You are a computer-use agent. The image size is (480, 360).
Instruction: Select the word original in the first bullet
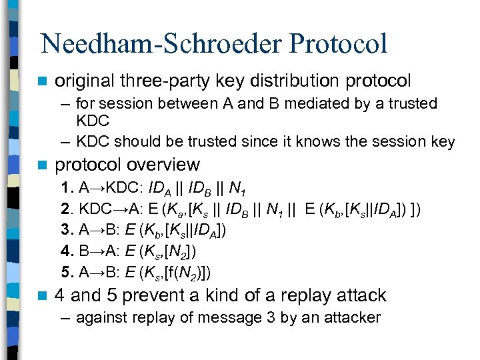(x=85, y=81)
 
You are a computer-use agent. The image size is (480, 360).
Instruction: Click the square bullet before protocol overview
(x=43, y=165)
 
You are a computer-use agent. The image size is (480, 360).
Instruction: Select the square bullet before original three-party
(x=43, y=82)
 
